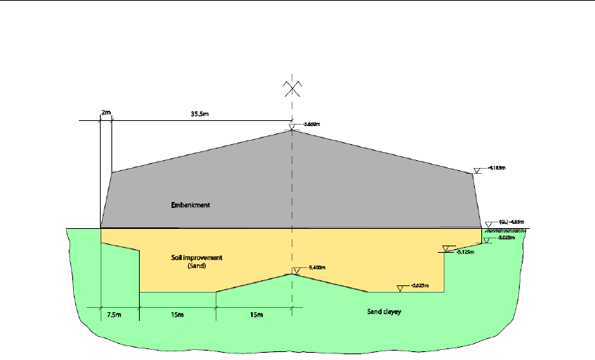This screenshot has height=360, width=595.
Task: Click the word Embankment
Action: [186, 205]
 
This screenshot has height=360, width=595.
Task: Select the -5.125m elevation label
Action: [463, 252]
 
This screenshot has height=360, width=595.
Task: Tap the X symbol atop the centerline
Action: [292, 88]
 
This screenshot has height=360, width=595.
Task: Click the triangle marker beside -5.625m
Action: [402, 285]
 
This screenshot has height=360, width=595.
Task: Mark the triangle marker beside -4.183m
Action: [478, 171]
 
